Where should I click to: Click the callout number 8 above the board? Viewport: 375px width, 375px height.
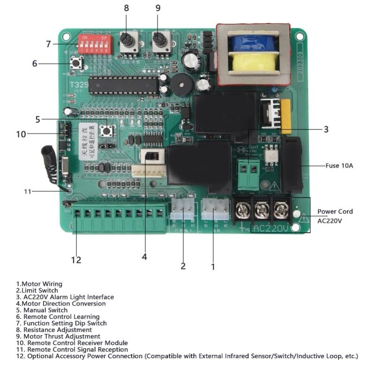pos(126,8)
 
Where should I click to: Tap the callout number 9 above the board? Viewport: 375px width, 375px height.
pos(157,8)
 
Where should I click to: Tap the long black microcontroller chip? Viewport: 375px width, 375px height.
pos(124,85)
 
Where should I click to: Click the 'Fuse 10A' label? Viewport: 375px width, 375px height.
pos(339,165)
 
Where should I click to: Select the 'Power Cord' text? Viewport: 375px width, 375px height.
pos(335,211)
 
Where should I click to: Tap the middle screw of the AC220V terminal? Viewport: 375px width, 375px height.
pos(261,209)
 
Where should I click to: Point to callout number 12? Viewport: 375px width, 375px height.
pos(76,260)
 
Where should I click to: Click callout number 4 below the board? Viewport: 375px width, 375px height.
pos(144,256)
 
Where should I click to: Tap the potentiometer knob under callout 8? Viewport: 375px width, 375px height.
pos(128,42)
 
